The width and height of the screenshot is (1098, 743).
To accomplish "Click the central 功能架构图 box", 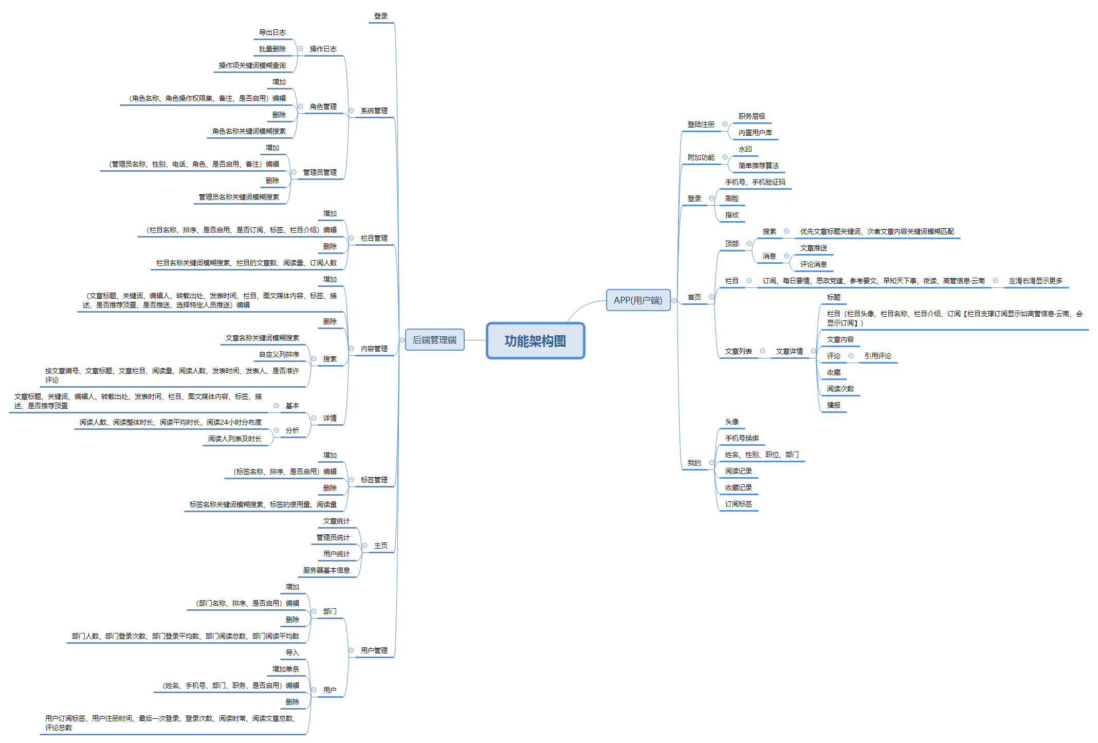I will (x=535, y=340).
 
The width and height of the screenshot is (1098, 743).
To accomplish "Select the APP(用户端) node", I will (x=638, y=300).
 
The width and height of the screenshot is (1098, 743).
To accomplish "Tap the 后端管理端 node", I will (x=434, y=340).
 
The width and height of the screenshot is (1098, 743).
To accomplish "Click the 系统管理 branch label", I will (x=374, y=111).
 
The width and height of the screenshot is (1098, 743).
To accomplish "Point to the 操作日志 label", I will (x=323, y=49).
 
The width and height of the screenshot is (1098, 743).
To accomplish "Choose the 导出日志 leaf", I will (x=272, y=32).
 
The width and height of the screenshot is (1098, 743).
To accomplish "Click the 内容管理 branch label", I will (x=374, y=349).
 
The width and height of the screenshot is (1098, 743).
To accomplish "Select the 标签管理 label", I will (x=374, y=480).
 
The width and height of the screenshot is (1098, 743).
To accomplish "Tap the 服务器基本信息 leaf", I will (x=326, y=570).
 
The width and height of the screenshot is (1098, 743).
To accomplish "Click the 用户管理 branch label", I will (x=374, y=650).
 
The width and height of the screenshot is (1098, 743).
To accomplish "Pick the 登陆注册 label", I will (x=701, y=124).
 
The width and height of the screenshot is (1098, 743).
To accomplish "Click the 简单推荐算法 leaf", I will (x=758, y=166).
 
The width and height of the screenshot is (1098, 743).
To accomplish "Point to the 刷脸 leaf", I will (x=731, y=198).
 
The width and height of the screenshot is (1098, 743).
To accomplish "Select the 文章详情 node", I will (x=789, y=351).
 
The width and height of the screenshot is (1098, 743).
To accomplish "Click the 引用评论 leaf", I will (x=877, y=356).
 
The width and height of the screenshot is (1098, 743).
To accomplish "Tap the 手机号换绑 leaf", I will (x=742, y=438).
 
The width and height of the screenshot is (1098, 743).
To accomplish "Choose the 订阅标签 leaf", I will (x=738, y=504).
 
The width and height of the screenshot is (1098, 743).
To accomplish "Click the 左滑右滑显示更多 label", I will (x=1035, y=281).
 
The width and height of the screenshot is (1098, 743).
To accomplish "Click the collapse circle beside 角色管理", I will (x=300, y=106).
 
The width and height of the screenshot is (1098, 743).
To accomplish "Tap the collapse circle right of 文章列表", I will (x=762, y=351).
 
